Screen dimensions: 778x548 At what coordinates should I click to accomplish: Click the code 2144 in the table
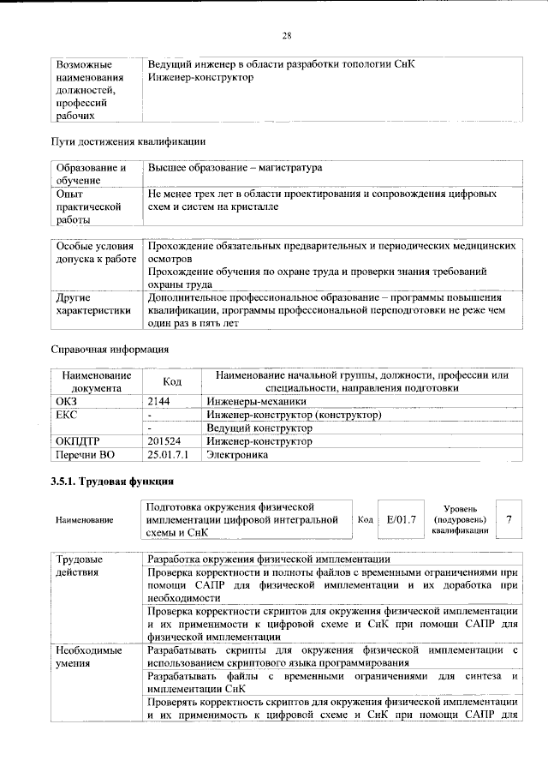tap(160, 400)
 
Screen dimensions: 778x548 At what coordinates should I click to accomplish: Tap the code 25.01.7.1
tap(168, 455)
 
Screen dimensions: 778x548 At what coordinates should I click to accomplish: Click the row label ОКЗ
tap(66, 400)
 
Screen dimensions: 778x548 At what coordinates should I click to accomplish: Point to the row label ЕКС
tap(66, 414)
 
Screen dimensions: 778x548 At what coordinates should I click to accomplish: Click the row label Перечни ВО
tap(84, 455)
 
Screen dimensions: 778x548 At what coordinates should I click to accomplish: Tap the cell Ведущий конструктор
tap(259, 428)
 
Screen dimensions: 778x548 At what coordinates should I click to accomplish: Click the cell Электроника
tap(237, 455)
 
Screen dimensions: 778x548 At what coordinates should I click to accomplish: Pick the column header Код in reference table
tap(172, 381)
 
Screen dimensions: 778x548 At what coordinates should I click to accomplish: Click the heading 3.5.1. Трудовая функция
tap(112, 481)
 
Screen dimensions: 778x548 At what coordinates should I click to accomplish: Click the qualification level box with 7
tap(509, 519)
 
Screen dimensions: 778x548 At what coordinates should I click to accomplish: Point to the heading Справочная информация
tap(110, 350)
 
